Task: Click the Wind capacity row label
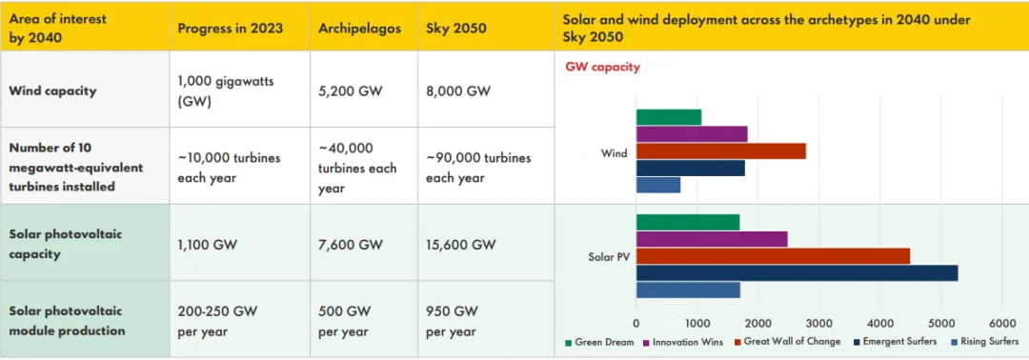click(52, 90)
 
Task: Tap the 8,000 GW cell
click(458, 90)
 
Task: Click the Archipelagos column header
click(359, 29)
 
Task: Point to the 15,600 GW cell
click(461, 245)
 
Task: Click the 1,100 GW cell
click(208, 245)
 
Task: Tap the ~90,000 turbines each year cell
click(478, 168)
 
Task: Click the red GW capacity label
click(602, 67)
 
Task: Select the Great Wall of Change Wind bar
click(720, 150)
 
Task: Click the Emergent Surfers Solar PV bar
click(797, 272)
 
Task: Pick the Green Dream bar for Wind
click(669, 117)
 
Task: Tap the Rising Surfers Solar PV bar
click(688, 290)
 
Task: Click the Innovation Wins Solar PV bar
click(712, 239)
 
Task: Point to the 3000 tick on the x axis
click(819, 323)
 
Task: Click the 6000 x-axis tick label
click(1001, 323)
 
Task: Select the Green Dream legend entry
click(598, 342)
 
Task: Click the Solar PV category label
click(608, 256)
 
